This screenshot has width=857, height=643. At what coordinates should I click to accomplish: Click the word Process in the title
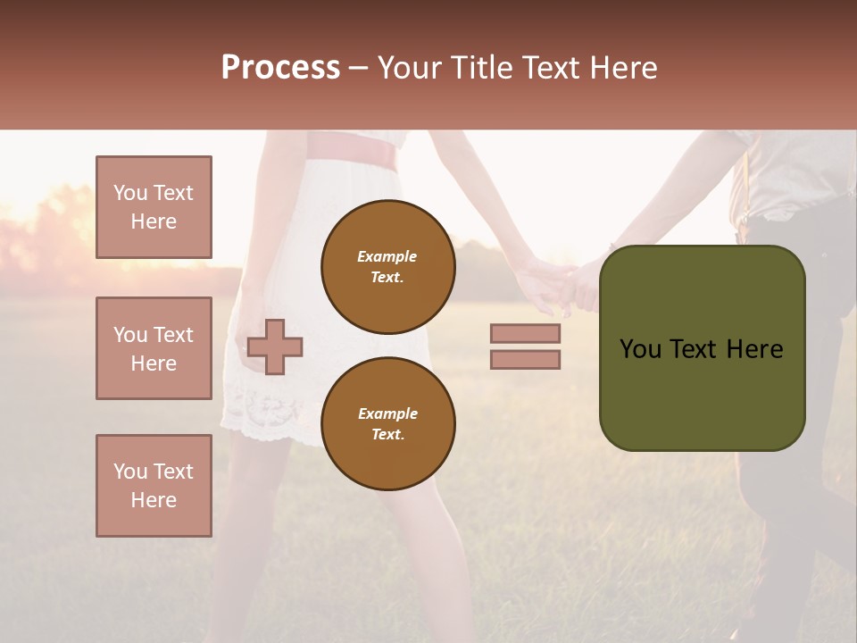(280, 68)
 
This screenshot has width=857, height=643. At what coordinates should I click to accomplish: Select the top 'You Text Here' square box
(154, 207)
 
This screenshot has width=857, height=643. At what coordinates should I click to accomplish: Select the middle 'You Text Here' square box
(154, 348)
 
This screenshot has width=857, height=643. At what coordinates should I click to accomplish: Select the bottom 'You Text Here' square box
(154, 486)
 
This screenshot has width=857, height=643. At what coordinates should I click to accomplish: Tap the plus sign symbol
(275, 347)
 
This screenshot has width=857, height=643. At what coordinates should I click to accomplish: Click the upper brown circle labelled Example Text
(387, 267)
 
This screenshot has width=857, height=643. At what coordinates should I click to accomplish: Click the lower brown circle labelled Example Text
(387, 424)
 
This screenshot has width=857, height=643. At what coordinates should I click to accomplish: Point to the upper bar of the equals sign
(525, 333)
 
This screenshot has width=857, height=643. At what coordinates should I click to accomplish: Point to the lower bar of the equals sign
(525, 359)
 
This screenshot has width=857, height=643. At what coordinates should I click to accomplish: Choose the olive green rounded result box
(702, 348)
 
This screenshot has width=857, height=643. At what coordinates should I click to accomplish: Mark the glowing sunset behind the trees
(54, 223)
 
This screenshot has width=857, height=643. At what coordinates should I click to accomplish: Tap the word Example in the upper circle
(387, 256)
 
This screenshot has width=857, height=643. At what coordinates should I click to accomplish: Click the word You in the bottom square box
(130, 472)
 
